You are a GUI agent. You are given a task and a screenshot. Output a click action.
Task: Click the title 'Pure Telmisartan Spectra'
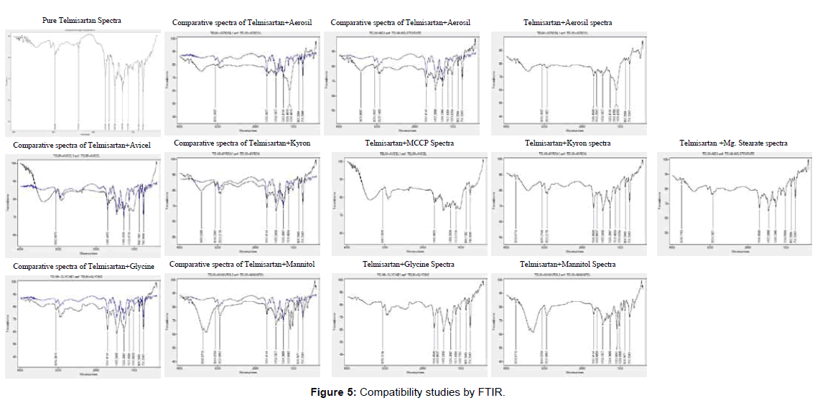[81, 21]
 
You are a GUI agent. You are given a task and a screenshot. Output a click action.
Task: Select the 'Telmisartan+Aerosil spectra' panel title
[568, 23]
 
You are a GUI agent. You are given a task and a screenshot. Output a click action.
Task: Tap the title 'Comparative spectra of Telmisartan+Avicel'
[82, 146]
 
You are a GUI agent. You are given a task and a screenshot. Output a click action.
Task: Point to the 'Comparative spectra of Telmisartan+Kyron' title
[242, 143]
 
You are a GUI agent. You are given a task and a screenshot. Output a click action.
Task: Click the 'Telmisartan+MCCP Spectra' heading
[409, 143]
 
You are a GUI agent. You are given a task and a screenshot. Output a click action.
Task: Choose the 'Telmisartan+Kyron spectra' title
[568, 143]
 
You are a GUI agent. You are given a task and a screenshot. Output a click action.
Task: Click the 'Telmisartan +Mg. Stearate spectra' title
[733, 143]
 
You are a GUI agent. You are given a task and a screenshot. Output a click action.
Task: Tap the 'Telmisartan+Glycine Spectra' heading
[409, 265]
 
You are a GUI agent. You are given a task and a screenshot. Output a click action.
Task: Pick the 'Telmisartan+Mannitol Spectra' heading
[567, 265]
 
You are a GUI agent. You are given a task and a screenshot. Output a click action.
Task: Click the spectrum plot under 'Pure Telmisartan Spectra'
[83, 82]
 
